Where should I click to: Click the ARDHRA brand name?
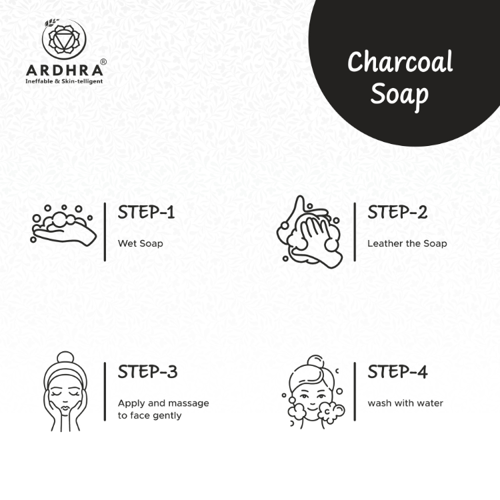(x=65, y=70)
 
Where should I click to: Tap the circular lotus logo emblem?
(x=64, y=39)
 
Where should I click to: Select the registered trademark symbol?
(x=103, y=62)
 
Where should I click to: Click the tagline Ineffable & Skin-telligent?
(x=64, y=81)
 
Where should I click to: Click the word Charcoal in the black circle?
(x=400, y=61)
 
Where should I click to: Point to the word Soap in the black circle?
(x=399, y=95)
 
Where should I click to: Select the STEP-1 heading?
(x=147, y=213)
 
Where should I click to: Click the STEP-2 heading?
(x=397, y=213)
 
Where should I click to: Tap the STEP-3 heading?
(x=147, y=372)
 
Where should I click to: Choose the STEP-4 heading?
(x=397, y=372)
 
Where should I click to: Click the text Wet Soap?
(x=140, y=243)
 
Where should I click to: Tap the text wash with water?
(x=405, y=403)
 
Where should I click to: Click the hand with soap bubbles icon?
(x=63, y=225)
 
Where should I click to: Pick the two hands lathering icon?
(x=309, y=232)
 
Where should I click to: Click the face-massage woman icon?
(x=65, y=391)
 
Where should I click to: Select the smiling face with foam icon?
(x=313, y=392)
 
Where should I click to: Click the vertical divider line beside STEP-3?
(x=105, y=391)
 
